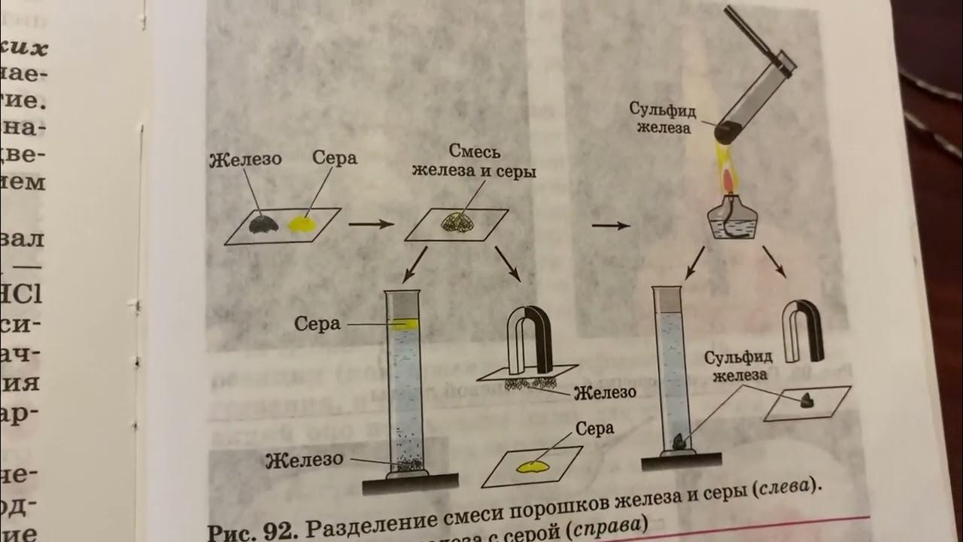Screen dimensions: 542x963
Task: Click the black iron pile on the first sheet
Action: pos(261,223)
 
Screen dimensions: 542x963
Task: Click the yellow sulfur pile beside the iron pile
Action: pos(302,224)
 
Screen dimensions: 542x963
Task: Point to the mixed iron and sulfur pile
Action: pos(457,222)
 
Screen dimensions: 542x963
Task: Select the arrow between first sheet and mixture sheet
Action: pos(371,224)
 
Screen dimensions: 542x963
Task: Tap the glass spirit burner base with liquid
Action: pos(728,221)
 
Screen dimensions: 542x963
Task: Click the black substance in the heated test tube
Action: pos(725,132)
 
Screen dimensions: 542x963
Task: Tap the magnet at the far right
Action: pos(803,330)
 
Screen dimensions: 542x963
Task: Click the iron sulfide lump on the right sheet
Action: pos(806,400)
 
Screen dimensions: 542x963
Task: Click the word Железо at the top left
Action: pos(245,160)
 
